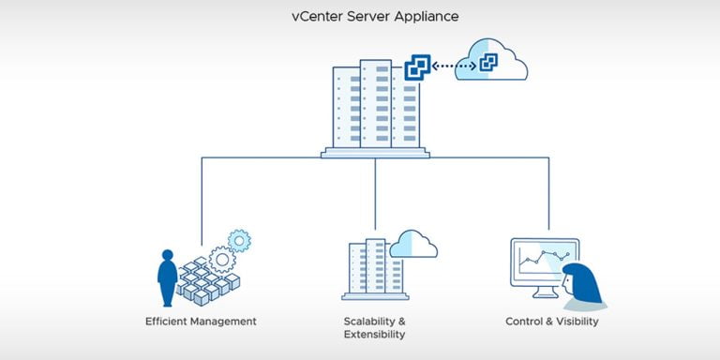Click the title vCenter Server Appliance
pos(360,17)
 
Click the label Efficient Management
pos(201,322)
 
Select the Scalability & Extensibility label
pos(374,327)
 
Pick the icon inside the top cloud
pos(488,64)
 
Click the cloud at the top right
pos(491,61)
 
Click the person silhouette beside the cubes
pos(167,277)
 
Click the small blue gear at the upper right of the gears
pos(240,241)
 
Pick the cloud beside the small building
pos(413,245)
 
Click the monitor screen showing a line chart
pos(544,262)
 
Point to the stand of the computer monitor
pos(545,292)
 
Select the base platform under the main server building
pos(375,152)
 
